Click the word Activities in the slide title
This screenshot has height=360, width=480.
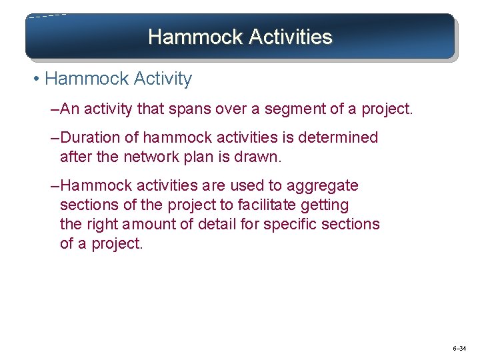pos(289,37)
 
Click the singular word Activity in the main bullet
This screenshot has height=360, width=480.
pos(163,79)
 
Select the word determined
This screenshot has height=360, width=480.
pos(340,138)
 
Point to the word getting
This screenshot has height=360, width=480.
pos(327,205)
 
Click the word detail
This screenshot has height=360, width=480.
pos(217,224)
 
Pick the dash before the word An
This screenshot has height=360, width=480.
pos(55,109)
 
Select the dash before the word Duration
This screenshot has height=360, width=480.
pos(55,138)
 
